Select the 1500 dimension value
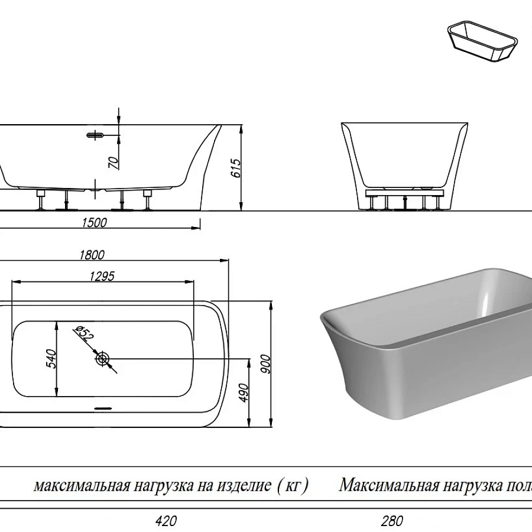pyautogui.click(x=95, y=222)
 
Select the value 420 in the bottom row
pyautogui.click(x=166, y=521)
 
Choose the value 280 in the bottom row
pyautogui.click(x=392, y=521)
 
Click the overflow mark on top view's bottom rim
pyautogui.click(x=104, y=407)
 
